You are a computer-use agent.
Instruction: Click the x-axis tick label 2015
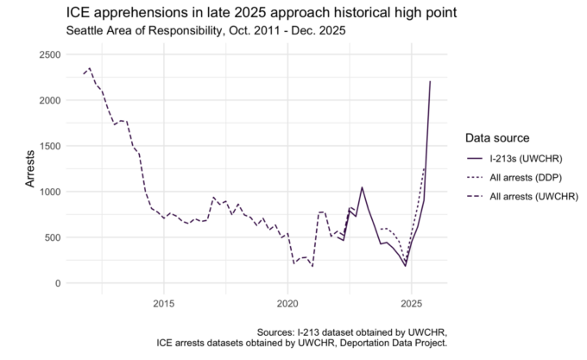coord(163,303)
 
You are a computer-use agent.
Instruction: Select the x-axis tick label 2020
coord(287,303)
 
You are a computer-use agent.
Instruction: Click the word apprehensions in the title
coord(138,13)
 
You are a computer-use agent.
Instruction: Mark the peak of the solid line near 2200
coord(430,82)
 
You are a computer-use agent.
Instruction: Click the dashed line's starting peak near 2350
coord(90,68)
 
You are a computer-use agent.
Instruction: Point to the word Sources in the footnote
coord(279,332)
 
